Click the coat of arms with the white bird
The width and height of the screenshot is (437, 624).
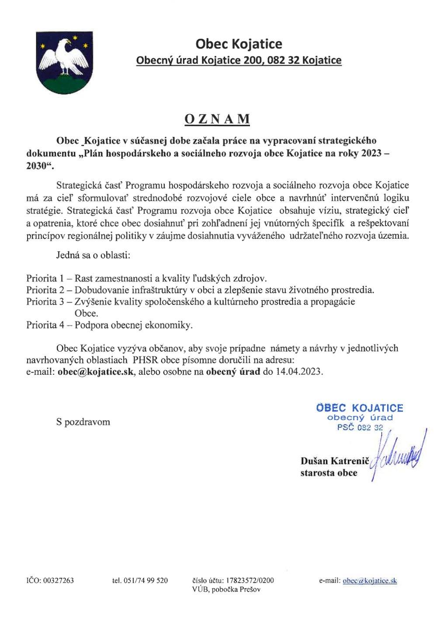(64, 63)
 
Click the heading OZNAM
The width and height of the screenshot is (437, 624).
(217, 119)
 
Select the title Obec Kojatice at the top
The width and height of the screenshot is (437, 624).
(239, 44)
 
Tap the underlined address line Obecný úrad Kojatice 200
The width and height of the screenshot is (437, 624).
(239, 60)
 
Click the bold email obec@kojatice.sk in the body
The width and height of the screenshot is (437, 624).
(95, 372)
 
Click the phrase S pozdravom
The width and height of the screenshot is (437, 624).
(83, 422)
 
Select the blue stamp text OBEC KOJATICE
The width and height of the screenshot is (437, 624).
(359, 408)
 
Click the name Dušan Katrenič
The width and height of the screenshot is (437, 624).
(335, 461)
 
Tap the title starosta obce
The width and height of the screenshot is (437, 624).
(329, 473)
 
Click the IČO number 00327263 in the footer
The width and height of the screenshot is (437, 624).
(58, 581)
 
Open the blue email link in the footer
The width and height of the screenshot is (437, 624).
(370, 581)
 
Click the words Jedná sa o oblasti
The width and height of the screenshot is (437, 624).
(93, 255)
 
